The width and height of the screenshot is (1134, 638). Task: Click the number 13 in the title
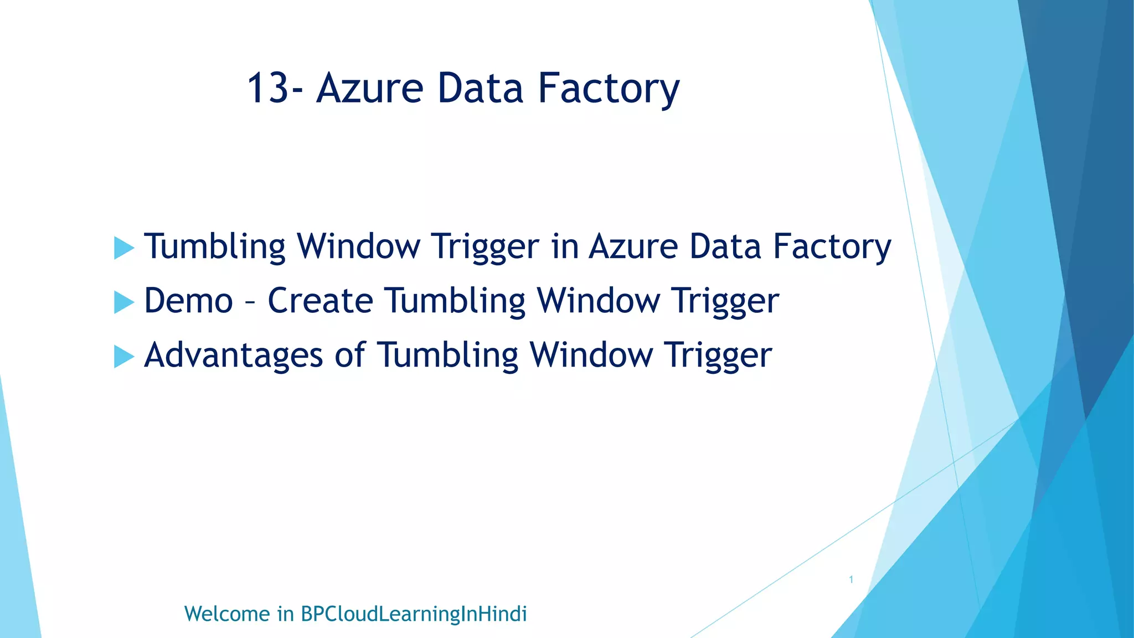point(269,89)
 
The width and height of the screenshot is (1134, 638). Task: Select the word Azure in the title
point(370,89)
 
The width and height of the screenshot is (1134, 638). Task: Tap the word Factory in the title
point(609,89)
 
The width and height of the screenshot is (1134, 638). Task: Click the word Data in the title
point(480,89)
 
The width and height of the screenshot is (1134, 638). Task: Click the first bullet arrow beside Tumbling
point(124,248)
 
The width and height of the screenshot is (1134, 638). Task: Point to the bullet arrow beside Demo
point(124,302)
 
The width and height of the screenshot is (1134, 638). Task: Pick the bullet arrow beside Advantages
point(124,356)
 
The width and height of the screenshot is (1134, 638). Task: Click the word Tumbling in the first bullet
point(215,246)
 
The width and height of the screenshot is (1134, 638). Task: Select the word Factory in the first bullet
point(832,246)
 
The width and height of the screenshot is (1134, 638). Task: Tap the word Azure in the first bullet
point(633,246)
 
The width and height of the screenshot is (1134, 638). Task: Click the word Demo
point(189,301)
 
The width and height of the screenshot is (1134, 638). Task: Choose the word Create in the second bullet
point(321,301)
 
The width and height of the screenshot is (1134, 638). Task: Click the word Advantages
point(233,355)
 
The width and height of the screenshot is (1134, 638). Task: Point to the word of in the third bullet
point(350,355)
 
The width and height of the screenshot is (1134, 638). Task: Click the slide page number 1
point(851,580)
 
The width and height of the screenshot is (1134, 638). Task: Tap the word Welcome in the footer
point(227,614)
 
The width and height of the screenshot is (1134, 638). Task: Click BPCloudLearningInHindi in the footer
point(414,614)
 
